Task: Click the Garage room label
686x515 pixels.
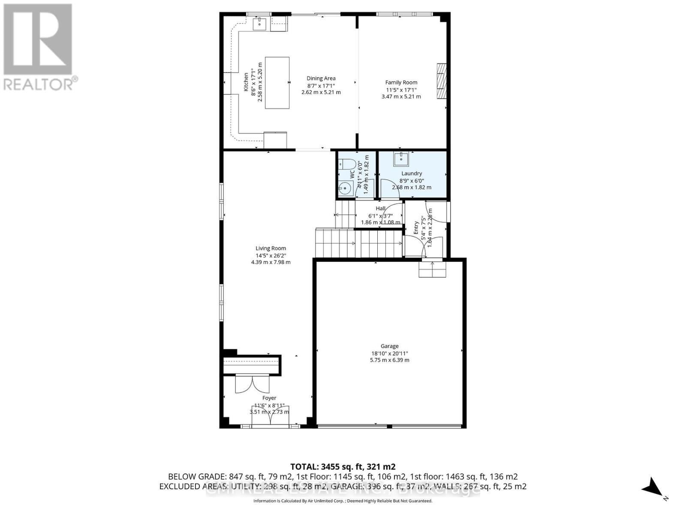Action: coord(389,346)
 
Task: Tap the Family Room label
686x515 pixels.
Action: coord(401,82)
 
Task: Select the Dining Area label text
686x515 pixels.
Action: coord(321,78)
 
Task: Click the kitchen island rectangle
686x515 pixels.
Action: coord(277,83)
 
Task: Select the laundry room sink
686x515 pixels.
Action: coord(401,158)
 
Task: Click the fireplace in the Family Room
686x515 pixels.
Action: coord(442,81)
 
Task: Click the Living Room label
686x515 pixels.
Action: coord(271,248)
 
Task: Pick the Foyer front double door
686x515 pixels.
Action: coord(270,416)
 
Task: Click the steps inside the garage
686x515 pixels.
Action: coord(433,269)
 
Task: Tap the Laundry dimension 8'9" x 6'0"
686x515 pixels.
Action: coord(411,181)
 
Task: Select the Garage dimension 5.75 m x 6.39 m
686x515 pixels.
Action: coord(389,360)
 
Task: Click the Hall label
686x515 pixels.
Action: coord(380,209)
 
